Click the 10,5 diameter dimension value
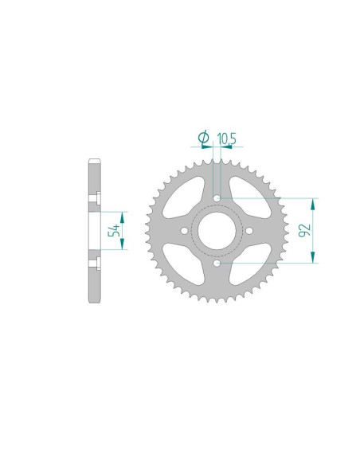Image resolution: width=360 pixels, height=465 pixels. (x=226, y=139)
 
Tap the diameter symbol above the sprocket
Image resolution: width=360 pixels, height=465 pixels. (x=203, y=137)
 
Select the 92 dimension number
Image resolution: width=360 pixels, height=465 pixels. (x=304, y=230)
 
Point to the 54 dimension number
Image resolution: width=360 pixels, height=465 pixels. (x=114, y=230)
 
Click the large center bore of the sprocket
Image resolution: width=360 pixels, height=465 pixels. (x=217, y=230)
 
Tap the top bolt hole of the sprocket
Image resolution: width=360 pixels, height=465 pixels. (x=217, y=197)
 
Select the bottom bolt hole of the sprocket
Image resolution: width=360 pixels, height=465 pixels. (x=217, y=263)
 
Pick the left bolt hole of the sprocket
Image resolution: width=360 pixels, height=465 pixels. (x=184, y=230)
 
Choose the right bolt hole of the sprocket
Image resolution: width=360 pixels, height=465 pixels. (x=249, y=230)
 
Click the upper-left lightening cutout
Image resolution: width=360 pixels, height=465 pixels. (x=185, y=198)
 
